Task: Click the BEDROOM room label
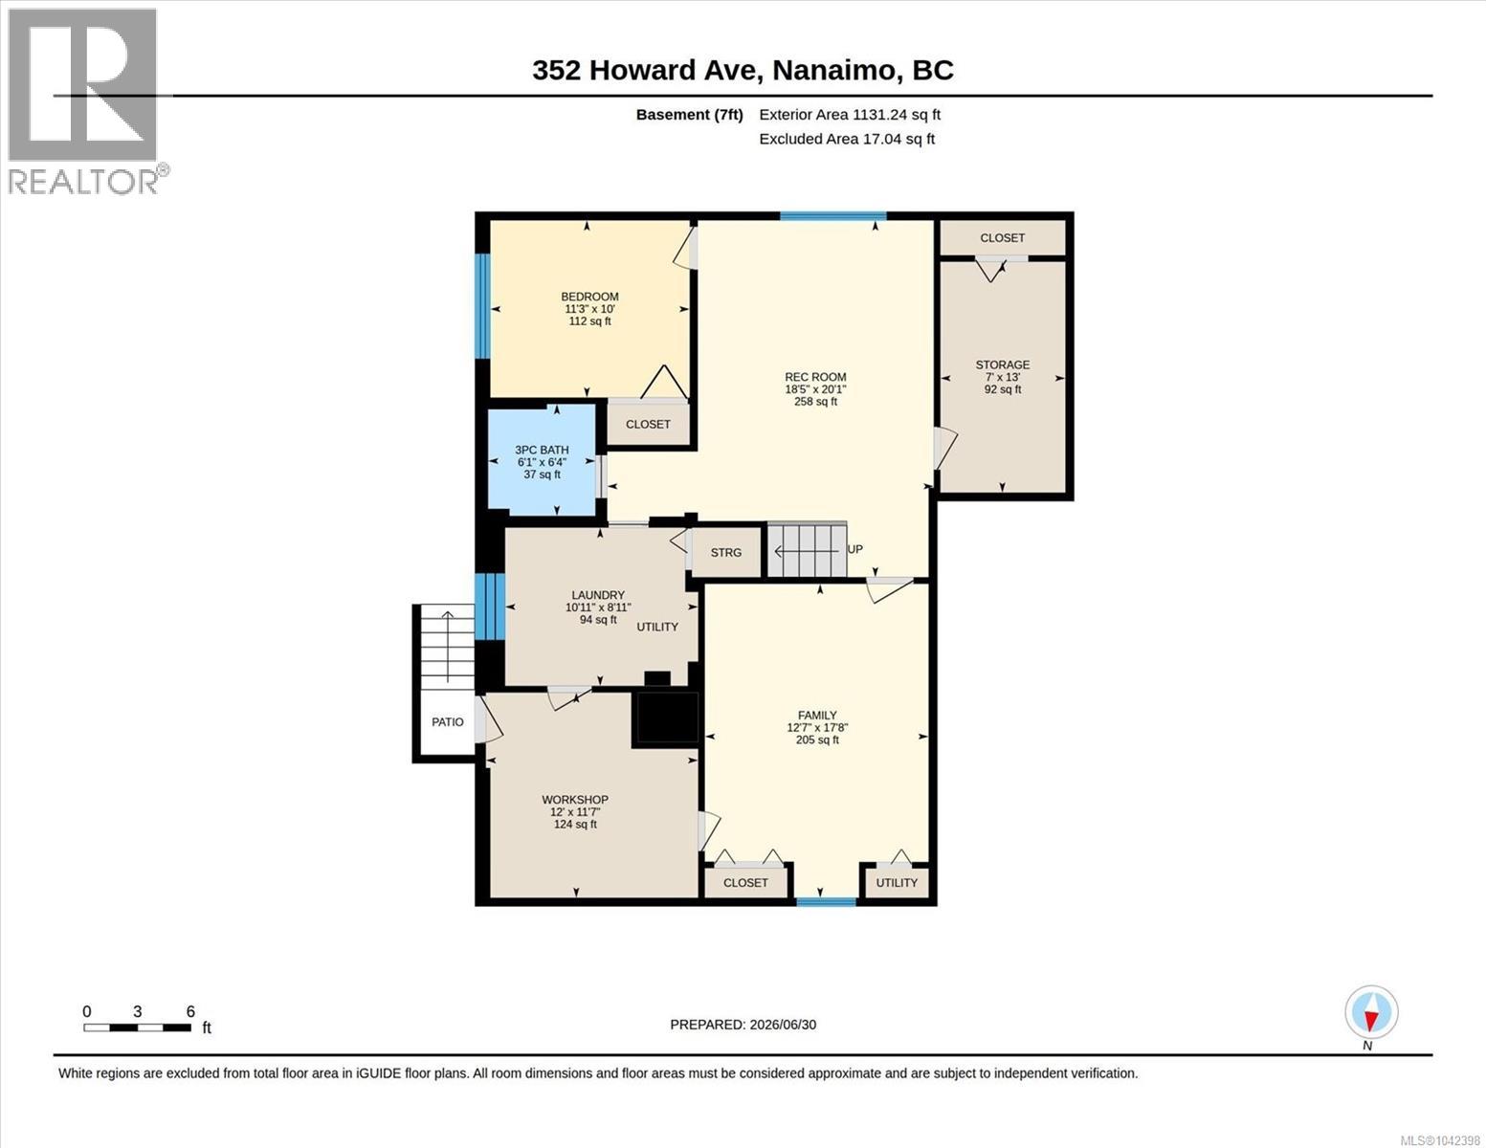click(589, 297)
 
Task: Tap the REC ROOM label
click(815, 377)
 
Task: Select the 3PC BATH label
click(542, 450)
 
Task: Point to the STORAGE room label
click(1003, 365)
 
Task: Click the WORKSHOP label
click(575, 800)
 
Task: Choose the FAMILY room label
click(817, 716)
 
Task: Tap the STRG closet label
click(725, 552)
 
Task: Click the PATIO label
click(447, 722)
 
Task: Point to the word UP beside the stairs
click(854, 549)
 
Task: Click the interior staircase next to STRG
click(807, 550)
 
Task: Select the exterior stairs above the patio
click(447, 647)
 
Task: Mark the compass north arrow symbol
click(1371, 1012)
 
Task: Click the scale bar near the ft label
click(138, 1027)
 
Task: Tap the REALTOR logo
click(85, 101)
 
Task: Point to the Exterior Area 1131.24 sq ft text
click(850, 115)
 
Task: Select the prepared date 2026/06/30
click(783, 1025)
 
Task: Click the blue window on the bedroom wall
click(483, 306)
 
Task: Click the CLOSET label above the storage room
click(1003, 238)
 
